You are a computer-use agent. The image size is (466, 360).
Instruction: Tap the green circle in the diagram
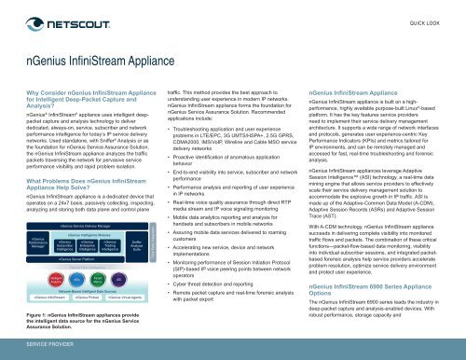[x=96, y=280]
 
